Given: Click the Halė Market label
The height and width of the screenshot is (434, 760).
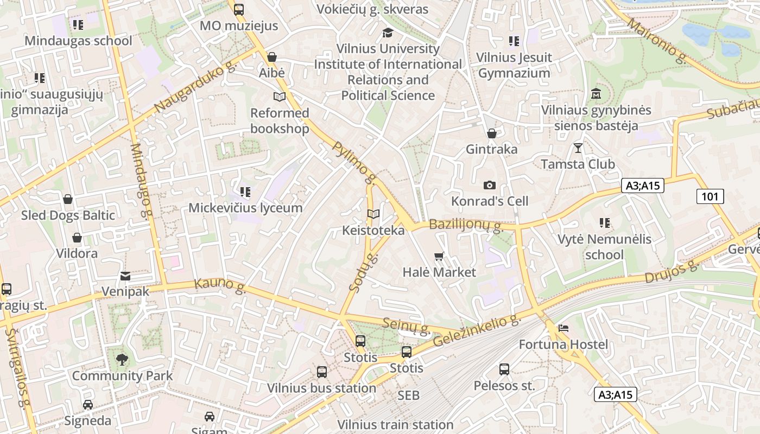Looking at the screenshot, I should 439,272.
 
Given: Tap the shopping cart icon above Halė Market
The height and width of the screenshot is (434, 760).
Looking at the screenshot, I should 439,256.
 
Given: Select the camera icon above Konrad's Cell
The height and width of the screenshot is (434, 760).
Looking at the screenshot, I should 489,185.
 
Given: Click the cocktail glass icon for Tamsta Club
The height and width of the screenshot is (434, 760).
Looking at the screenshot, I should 578,148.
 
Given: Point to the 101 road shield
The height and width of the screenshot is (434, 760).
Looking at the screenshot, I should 710,196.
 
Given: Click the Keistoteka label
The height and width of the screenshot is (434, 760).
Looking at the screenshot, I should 373,231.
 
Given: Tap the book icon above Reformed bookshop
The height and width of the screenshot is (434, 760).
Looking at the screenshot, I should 279,97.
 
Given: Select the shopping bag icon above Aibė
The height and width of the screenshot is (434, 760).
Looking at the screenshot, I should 271,56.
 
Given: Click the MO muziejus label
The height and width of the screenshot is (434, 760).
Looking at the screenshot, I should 239,25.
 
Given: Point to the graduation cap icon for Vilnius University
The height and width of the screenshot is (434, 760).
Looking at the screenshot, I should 388,33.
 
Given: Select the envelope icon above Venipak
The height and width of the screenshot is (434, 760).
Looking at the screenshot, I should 125,276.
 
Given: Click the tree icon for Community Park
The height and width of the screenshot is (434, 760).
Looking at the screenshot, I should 122,359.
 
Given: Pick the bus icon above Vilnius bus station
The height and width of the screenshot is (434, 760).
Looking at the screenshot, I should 321,372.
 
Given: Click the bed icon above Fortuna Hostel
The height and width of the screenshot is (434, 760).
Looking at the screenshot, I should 563,328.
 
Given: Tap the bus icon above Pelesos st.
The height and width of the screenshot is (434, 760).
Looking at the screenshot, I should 504,369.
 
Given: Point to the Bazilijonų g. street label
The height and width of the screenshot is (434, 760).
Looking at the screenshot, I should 466,225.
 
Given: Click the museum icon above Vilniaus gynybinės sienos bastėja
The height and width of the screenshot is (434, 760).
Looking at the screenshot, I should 596,93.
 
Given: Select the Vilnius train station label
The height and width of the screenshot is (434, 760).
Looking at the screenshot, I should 395,424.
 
